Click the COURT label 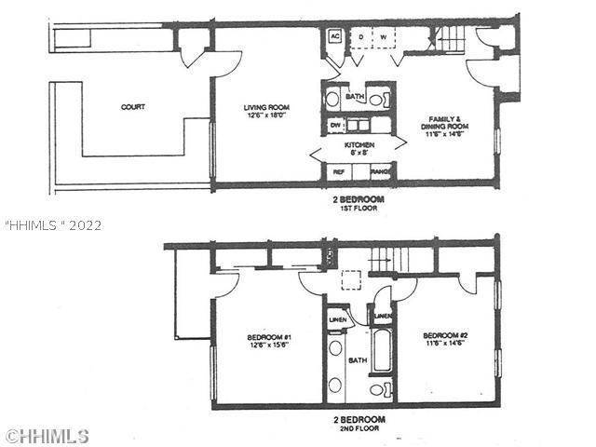coord(132,107)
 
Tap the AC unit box coord(334,36)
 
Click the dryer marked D coord(359,36)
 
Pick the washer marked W coord(384,36)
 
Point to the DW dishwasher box coord(334,123)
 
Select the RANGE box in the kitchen coord(380,172)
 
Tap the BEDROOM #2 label coord(444,340)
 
